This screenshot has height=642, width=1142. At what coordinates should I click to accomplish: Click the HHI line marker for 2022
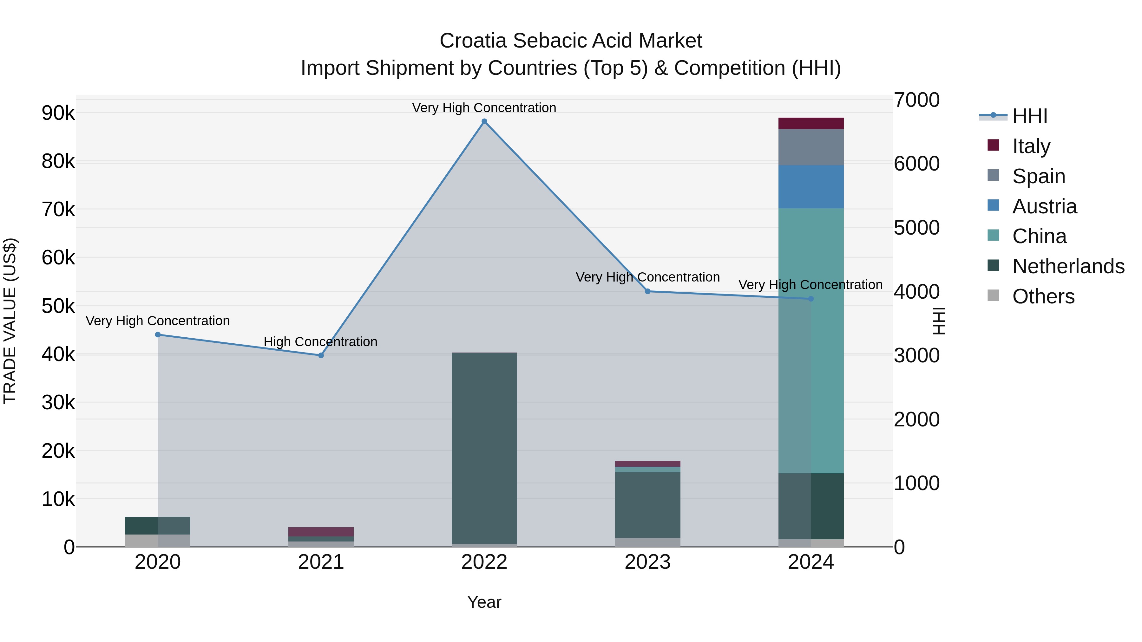484,121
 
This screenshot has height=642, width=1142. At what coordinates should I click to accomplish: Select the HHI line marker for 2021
321,355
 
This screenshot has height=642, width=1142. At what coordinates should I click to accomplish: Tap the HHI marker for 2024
811,299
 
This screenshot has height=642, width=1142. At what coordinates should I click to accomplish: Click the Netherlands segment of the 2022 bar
484,447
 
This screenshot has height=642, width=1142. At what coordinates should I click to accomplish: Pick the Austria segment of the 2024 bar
811,186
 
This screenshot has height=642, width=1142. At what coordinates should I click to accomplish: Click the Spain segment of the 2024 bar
811,147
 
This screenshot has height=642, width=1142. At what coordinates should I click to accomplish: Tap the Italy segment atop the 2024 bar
811,123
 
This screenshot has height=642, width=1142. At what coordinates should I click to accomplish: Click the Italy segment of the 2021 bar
321,532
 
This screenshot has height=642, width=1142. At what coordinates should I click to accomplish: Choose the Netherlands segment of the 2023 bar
647,505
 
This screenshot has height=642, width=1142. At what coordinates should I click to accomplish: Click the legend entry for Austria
1044,206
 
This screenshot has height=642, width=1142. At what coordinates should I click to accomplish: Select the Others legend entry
1043,296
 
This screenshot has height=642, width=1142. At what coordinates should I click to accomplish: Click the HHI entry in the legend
1029,116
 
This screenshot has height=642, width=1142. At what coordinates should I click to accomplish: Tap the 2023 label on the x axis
647,562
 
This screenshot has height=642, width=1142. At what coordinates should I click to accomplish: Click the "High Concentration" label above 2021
320,341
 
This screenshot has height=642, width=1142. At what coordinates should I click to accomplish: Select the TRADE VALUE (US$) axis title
10,321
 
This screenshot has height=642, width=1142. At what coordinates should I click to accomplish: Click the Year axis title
484,602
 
